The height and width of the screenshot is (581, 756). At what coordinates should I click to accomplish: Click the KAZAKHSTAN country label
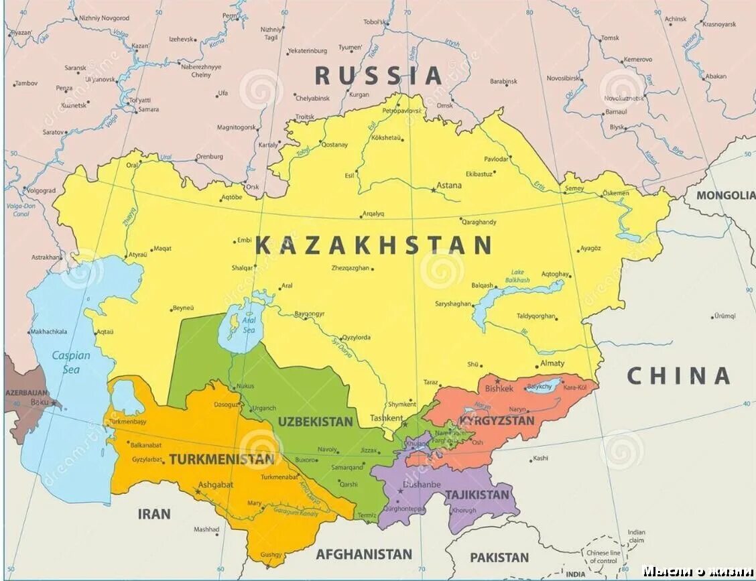[x=374, y=246]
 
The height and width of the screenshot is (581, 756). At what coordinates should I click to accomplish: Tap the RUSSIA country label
[x=378, y=76]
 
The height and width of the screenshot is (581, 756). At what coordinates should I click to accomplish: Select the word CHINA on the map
[x=678, y=376]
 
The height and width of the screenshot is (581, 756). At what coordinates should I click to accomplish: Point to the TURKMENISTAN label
[x=222, y=460]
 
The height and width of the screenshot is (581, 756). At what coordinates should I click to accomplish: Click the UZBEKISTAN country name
[x=315, y=422]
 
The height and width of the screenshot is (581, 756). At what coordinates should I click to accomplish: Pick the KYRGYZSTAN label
[x=497, y=421]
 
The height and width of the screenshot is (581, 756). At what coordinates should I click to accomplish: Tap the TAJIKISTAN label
[x=477, y=495]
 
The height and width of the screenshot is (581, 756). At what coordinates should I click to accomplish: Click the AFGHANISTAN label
[x=364, y=554]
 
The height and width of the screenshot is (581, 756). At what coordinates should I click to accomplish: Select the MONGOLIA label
[x=725, y=196]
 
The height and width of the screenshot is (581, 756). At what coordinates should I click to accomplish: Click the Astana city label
[x=449, y=186]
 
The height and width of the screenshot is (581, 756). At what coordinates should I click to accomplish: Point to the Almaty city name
[x=553, y=363]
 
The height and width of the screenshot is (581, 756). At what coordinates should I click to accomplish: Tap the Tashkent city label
[x=387, y=417]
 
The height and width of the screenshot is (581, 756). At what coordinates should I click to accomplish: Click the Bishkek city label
[x=499, y=388]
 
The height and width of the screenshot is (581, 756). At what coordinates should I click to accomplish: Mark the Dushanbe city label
[x=422, y=484]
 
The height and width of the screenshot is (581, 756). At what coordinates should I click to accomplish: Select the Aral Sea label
[x=249, y=326]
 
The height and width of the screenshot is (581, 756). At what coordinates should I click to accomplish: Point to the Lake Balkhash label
[x=517, y=276]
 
